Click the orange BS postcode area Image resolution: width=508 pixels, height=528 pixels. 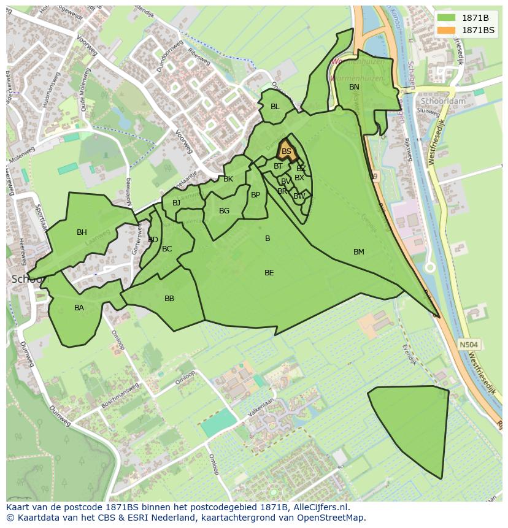pos(287,151)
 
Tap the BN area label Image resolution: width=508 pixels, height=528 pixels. pos(354,87)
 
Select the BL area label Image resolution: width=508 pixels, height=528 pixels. pos(275,107)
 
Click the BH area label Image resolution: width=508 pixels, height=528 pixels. pos(82,232)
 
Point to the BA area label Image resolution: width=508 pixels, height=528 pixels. pos(79,308)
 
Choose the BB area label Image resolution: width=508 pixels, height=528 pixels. pos(169,299)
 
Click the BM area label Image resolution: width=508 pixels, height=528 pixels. pos(359,252)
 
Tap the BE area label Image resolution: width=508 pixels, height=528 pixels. pos(269,273)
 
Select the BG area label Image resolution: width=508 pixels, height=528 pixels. pos(224,211)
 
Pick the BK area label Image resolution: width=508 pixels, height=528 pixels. pos(228,179)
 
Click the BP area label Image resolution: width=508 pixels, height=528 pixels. pos(255,195)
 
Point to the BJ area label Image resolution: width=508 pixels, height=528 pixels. pos(177,203)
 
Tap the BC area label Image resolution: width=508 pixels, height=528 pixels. pos(167,249)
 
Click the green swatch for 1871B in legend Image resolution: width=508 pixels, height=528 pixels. pos(446,18)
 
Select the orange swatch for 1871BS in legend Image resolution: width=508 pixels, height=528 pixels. pos(446,30)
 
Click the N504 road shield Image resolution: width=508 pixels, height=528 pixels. pos(469,345)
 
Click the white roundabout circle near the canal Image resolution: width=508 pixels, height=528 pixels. pos(430,267)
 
